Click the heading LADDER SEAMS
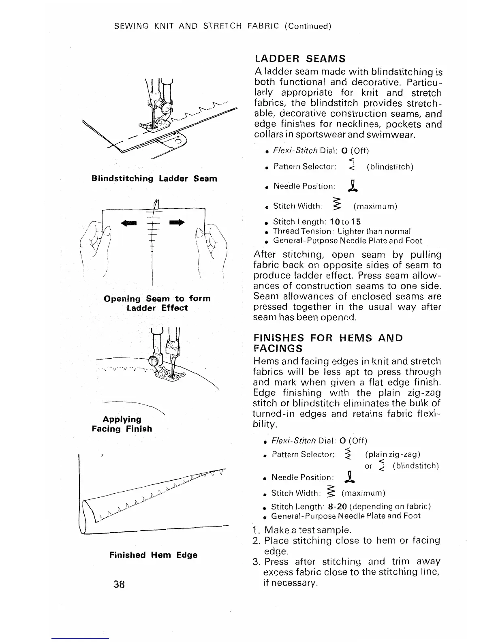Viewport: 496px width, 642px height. (x=299, y=59)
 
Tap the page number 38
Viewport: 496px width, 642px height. (x=119, y=584)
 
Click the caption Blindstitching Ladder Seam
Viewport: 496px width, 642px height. (x=154, y=179)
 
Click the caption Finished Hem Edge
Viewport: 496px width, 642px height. (x=154, y=555)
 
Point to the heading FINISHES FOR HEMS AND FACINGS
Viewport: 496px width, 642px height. (x=328, y=343)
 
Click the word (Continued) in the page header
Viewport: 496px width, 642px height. (x=308, y=26)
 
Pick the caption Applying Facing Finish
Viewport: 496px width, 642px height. (x=122, y=424)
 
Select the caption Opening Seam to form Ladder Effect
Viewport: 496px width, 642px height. (x=157, y=303)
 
